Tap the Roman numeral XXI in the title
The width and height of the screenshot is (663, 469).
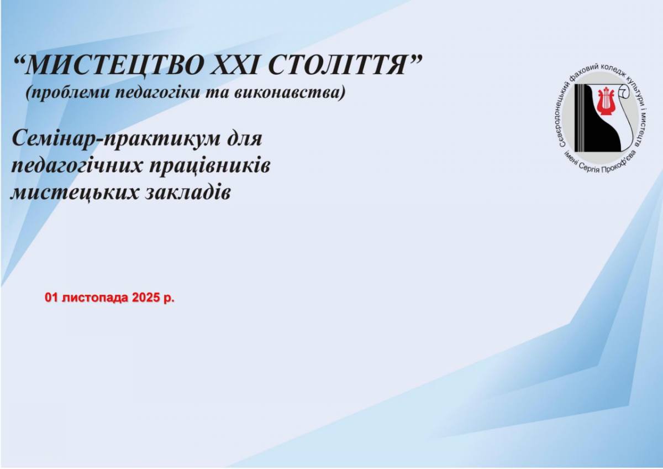(235, 65)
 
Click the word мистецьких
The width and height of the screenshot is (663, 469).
(74, 193)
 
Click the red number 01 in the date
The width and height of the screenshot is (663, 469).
(51, 298)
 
